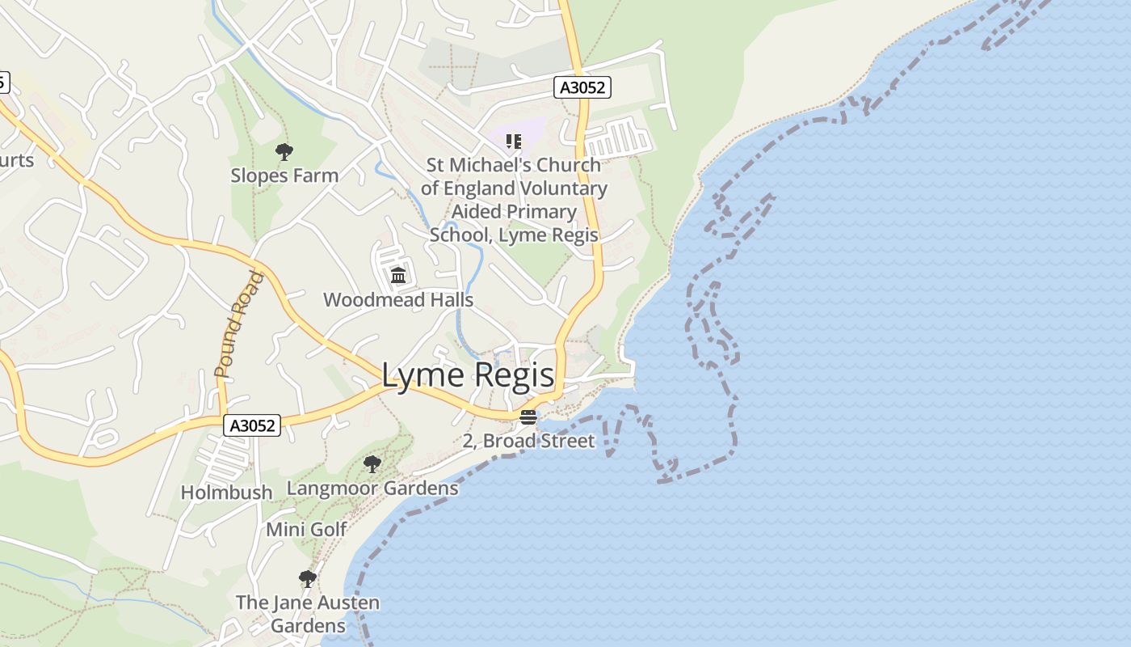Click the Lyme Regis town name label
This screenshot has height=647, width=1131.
(x=468, y=375)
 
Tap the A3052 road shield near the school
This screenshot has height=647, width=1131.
(x=582, y=87)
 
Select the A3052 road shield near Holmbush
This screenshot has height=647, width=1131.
(x=252, y=425)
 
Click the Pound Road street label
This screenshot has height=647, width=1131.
(x=240, y=324)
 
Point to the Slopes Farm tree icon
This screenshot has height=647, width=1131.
(x=284, y=151)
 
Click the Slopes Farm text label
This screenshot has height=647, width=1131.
(x=284, y=175)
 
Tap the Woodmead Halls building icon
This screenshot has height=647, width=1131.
(x=397, y=276)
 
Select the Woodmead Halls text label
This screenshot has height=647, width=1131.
(x=398, y=300)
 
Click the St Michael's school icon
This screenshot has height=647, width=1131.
(x=513, y=142)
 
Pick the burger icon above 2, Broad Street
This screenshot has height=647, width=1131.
(x=528, y=417)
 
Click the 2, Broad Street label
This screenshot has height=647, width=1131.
(x=528, y=441)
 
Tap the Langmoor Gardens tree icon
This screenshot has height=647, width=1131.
(x=372, y=464)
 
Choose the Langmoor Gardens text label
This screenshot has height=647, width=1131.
(x=372, y=488)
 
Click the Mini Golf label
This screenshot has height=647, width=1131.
(x=307, y=530)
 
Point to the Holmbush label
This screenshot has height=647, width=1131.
(x=226, y=493)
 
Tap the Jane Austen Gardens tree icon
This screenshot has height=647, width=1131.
(x=307, y=578)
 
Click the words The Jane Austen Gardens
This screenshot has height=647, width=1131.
(x=308, y=614)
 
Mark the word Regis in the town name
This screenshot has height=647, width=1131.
(x=515, y=375)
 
